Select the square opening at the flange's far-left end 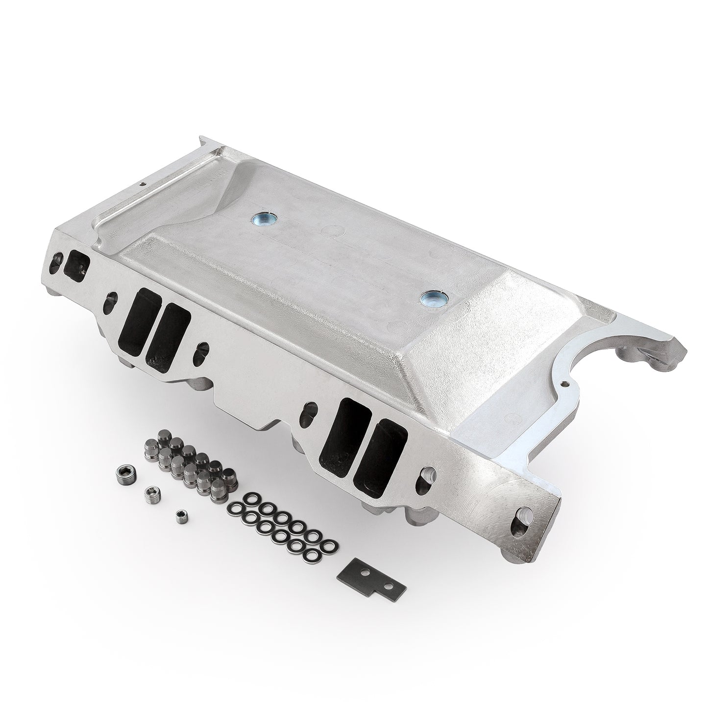pos(77,265)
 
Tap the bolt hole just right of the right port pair pos(428,474)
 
